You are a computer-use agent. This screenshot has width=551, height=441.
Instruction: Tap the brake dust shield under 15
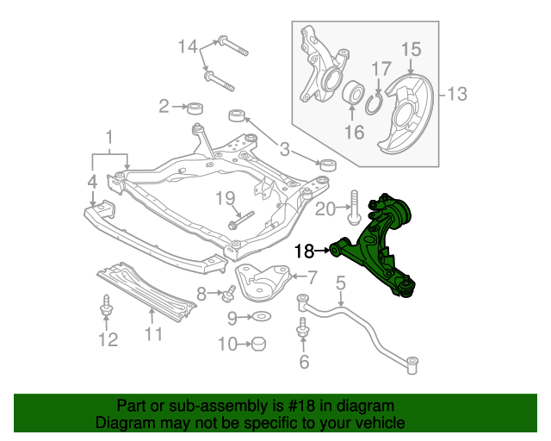(408, 112)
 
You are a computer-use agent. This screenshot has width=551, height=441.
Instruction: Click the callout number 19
(225, 199)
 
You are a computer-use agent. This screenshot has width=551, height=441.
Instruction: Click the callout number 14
(188, 47)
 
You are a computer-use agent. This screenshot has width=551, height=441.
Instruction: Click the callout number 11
(152, 334)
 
